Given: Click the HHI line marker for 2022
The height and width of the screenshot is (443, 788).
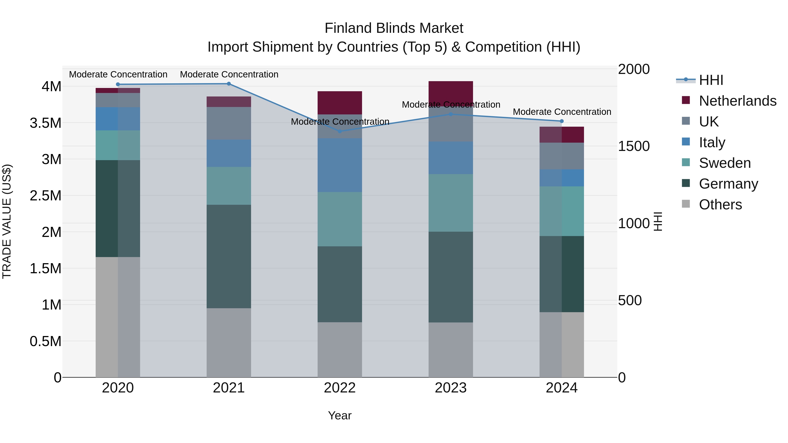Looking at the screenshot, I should (339, 131).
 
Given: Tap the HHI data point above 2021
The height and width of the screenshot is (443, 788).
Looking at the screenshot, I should (229, 84).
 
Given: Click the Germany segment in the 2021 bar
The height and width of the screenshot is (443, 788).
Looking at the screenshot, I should (229, 256).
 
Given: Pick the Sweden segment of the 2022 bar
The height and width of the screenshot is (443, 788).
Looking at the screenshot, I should (339, 219).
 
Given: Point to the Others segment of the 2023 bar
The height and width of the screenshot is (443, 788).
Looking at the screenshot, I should (451, 350).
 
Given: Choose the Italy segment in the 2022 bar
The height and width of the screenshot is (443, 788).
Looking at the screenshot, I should (339, 165).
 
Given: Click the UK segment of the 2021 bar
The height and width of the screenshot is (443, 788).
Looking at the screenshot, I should (229, 123).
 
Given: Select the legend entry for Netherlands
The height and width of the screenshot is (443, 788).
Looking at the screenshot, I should (737, 101).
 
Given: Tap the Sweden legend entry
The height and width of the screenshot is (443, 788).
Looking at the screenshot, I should (724, 163).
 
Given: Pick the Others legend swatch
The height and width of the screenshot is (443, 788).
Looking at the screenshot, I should (686, 204).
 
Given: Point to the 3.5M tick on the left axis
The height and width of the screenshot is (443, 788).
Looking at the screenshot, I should (46, 123).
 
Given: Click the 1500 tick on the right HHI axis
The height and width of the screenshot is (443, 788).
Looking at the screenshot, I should (633, 146).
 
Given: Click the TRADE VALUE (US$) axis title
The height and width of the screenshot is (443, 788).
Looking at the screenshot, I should (7, 221).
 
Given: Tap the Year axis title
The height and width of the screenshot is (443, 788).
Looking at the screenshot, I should (339, 415).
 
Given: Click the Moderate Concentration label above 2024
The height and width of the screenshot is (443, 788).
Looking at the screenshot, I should (562, 112).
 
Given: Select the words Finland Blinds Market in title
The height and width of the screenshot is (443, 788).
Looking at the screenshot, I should (394, 28).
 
